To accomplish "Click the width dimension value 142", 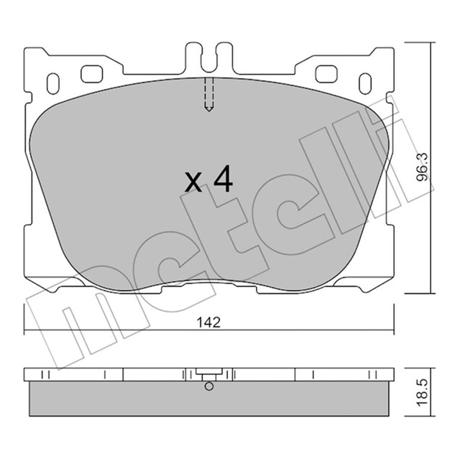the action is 209,323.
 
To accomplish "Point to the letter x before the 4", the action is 193,183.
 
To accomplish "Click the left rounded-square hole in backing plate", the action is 92,74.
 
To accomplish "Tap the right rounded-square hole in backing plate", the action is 326,74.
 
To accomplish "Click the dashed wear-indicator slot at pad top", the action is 209,95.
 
